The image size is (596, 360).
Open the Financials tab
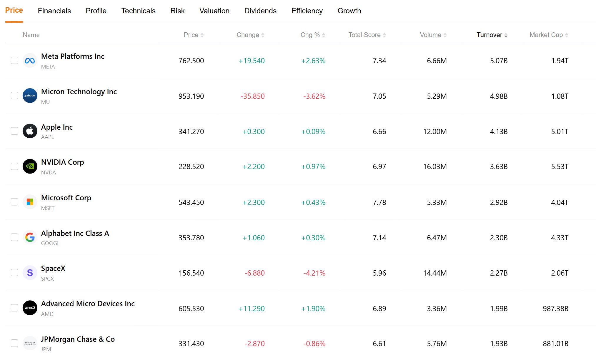pyautogui.click(x=54, y=11)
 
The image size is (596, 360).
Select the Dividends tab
pyautogui.click(x=260, y=11)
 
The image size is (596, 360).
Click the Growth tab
pyautogui.click(x=349, y=11)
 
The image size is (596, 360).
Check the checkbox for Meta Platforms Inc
pyautogui.click(x=14, y=60)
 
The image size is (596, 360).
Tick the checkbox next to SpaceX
pyautogui.click(x=14, y=273)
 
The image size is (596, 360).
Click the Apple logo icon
pyautogui.click(x=30, y=131)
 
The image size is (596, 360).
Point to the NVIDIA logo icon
pyautogui.click(x=30, y=166)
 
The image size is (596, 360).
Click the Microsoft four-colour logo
pyautogui.click(x=30, y=202)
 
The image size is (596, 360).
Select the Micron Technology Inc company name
pyautogui.click(x=79, y=92)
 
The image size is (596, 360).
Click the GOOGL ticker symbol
pyautogui.click(x=50, y=243)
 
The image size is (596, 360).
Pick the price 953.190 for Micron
pyautogui.click(x=191, y=96)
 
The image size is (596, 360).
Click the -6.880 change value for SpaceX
pyautogui.click(x=254, y=273)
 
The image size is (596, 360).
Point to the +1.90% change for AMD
pyautogui.click(x=313, y=309)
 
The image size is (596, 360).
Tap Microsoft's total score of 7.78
pyautogui.click(x=379, y=202)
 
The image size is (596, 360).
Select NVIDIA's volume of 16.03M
pyautogui.click(x=435, y=167)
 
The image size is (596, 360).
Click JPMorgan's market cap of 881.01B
pyautogui.click(x=556, y=344)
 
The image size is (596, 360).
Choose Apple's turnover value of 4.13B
pyautogui.click(x=499, y=131)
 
